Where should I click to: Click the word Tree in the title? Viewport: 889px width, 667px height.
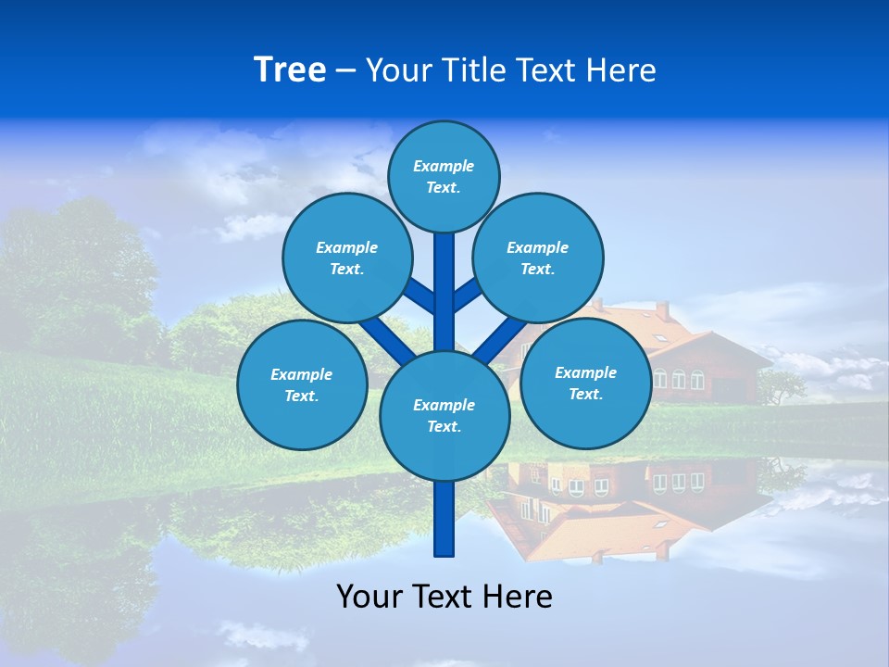point(290,70)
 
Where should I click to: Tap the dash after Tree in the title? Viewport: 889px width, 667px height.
point(345,71)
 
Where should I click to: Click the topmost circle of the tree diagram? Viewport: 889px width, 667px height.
point(444,176)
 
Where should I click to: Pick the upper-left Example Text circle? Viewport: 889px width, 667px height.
point(346,258)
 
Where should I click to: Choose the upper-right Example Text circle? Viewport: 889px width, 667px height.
point(538,258)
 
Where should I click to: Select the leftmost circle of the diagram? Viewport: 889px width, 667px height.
point(302,384)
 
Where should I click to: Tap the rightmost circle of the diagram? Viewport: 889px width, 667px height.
point(585,383)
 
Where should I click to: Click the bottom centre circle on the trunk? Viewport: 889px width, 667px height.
point(444,416)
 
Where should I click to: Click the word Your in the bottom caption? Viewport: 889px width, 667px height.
point(369,597)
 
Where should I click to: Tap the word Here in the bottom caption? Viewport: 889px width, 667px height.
point(520,597)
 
